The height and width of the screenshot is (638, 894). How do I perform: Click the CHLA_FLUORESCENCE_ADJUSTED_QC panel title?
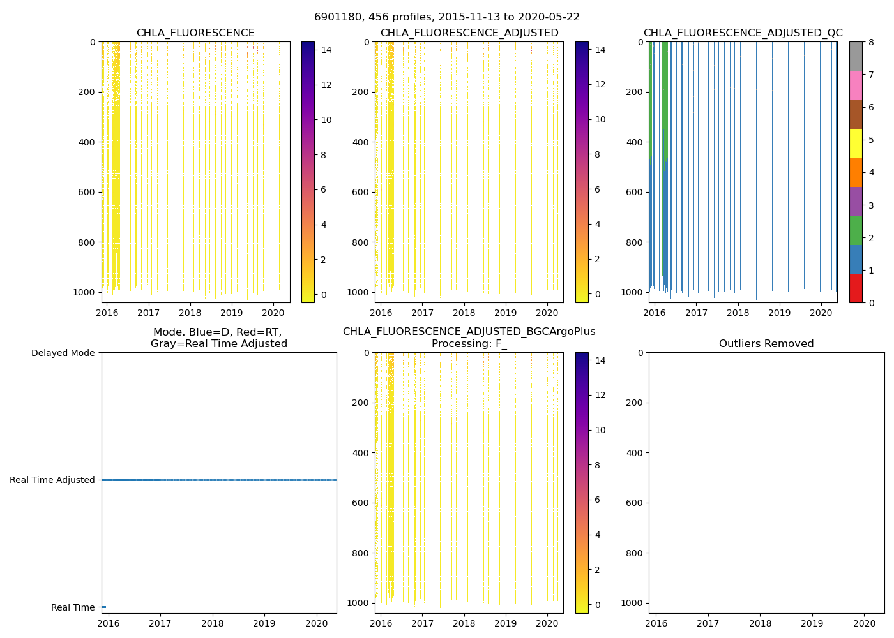pos(743,33)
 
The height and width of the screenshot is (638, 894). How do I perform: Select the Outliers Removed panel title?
pos(766,344)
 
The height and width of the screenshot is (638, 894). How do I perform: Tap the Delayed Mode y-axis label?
pos(63,353)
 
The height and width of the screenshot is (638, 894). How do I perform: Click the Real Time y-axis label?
pos(73,607)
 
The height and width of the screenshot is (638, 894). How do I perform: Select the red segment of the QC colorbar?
pos(856,288)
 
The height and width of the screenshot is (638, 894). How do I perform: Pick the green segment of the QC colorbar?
pos(856,230)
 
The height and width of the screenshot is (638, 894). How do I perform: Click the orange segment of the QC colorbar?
pos(856,172)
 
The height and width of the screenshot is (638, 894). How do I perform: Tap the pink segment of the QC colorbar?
pos(856,85)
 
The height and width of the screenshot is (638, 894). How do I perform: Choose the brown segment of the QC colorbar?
pos(856,114)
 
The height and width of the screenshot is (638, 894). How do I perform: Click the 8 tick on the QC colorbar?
pos(869,42)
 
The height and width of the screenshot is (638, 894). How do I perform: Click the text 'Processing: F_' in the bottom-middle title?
pos(469,344)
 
